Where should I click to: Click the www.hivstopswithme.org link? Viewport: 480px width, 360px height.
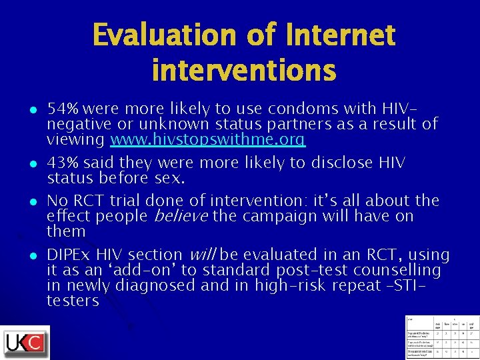207,140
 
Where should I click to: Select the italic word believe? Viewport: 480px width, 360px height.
181,216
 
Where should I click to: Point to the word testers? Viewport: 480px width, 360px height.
73,301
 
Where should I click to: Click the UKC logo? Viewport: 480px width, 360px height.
25,343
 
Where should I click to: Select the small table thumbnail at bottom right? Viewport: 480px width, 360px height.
441,337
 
